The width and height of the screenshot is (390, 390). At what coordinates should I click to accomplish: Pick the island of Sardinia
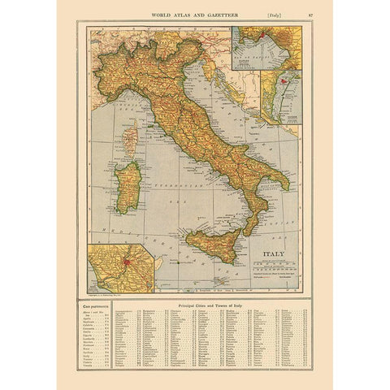(127, 186)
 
